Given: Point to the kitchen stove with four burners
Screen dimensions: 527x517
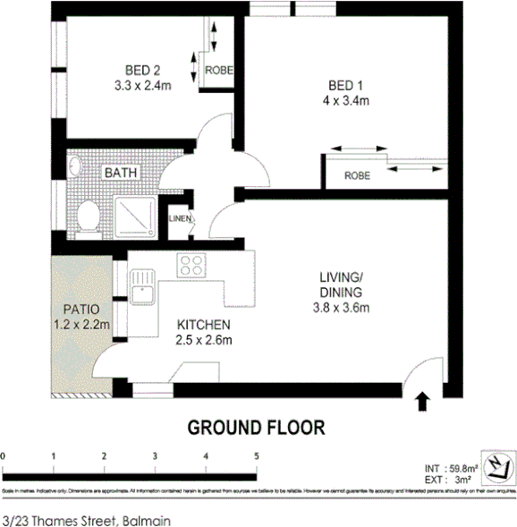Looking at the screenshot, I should [191, 265].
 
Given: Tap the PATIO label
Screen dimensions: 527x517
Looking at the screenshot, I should [79, 310].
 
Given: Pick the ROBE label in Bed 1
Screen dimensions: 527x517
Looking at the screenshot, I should [356, 176].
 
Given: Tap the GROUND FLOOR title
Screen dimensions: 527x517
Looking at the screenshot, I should [255, 428].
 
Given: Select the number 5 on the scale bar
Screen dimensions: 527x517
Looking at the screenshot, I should [257, 456].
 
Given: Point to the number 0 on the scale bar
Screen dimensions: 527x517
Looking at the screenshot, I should [4, 456].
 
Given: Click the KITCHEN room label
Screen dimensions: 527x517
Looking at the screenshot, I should [204, 324].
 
